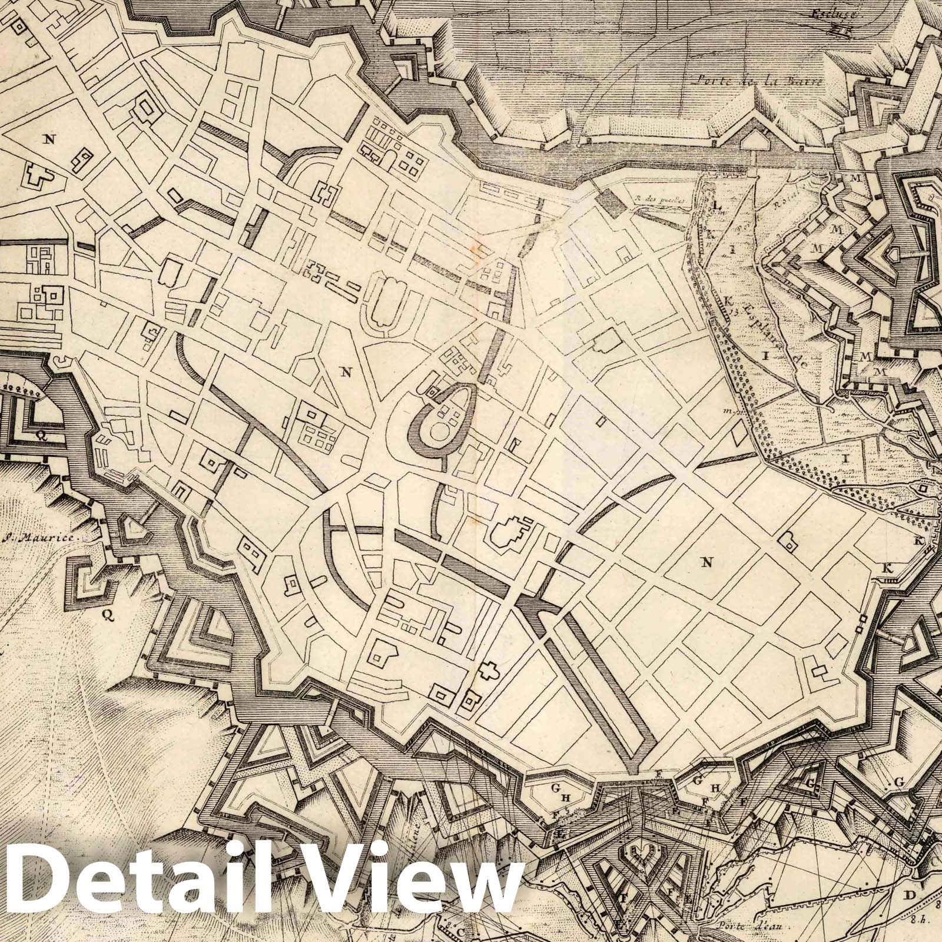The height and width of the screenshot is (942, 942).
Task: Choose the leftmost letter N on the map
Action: (49, 139)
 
